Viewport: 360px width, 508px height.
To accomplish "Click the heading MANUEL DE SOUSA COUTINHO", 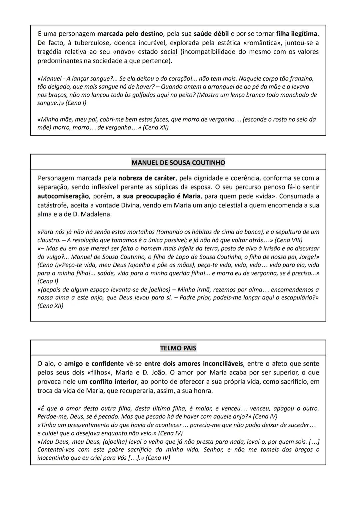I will [178, 163].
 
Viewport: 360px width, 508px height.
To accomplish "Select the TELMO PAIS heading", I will [178, 348].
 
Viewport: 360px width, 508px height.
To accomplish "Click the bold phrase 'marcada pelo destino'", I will [130, 34].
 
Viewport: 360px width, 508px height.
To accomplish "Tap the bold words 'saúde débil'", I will [211, 34].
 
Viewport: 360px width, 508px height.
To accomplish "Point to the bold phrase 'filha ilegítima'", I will [297, 34].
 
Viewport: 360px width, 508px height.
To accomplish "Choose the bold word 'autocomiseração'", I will [63, 196].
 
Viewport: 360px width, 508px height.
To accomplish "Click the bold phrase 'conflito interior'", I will [113, 381].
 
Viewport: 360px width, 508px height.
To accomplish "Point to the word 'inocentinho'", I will [54, 458].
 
